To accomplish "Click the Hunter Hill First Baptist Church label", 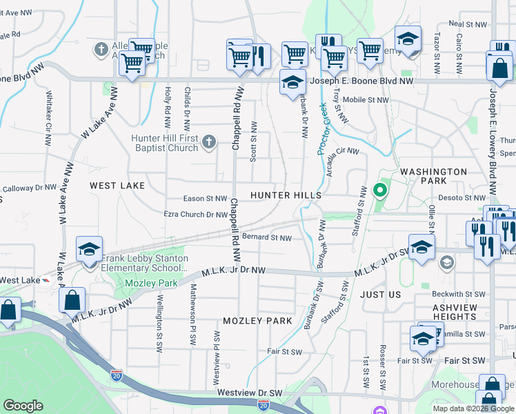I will tap(164, 143).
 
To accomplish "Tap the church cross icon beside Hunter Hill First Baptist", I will tap(209, 143).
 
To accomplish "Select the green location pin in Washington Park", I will tap(379, 190).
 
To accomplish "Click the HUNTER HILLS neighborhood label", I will tap(286, 196).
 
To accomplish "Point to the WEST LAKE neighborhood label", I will tap(117, 186).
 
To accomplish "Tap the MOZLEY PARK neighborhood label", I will tap(258, 321).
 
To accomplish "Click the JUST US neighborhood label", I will tap(380, 295).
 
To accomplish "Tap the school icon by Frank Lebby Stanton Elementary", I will tap(89, 250).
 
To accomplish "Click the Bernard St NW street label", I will tap(266, 237).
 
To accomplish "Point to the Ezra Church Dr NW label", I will tap(195, 215).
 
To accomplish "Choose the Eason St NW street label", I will tap(205, 199).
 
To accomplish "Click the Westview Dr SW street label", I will tap(250, 392).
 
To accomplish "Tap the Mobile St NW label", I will tap(366, 99).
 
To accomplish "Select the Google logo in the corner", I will tap(23, 406).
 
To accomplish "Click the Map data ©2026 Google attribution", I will tap(473, 408).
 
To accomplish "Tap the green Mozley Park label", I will tap(151, 283).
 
